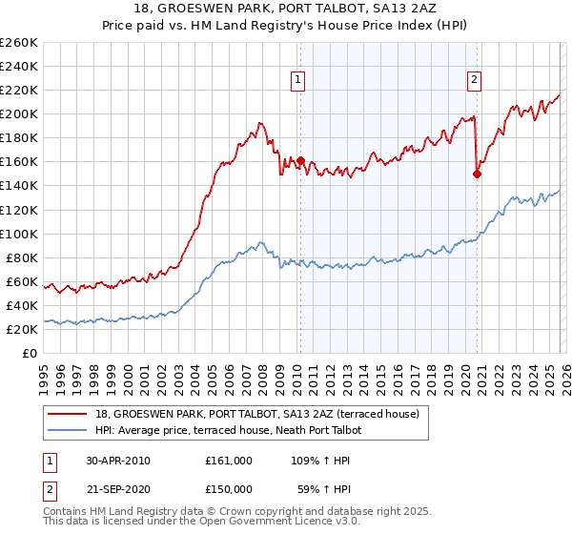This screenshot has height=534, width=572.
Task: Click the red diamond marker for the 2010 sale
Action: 300,160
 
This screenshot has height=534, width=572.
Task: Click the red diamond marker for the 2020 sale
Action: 477,174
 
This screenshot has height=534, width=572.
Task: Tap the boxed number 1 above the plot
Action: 299,81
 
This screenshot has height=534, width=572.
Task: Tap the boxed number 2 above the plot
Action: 474,81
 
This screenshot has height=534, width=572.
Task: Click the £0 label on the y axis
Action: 30,353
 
